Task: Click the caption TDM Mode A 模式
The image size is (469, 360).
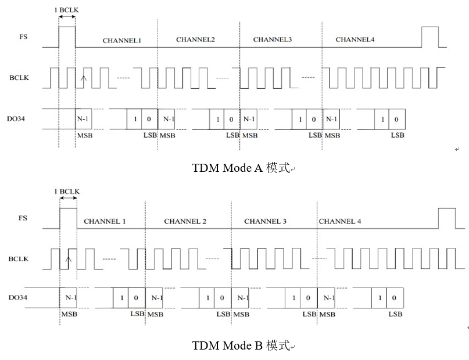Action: click(x=241, y=168)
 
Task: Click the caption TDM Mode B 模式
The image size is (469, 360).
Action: click(x=241, y=346)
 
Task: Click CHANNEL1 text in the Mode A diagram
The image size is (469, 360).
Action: click(x=122, y=41)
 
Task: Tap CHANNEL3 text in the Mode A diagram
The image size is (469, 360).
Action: click(x=273, y=39)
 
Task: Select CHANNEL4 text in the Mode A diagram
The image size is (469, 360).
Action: click(x=355, y=39)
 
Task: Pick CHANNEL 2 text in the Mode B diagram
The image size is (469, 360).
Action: click(x=185, y=221)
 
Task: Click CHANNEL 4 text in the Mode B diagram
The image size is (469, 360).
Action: click(x=339, y=221)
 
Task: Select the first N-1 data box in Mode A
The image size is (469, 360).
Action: click(x=84, y=118)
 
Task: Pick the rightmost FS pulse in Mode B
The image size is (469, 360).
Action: click(x=446, y=218)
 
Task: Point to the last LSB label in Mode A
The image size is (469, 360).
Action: click(x=398, y=135)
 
